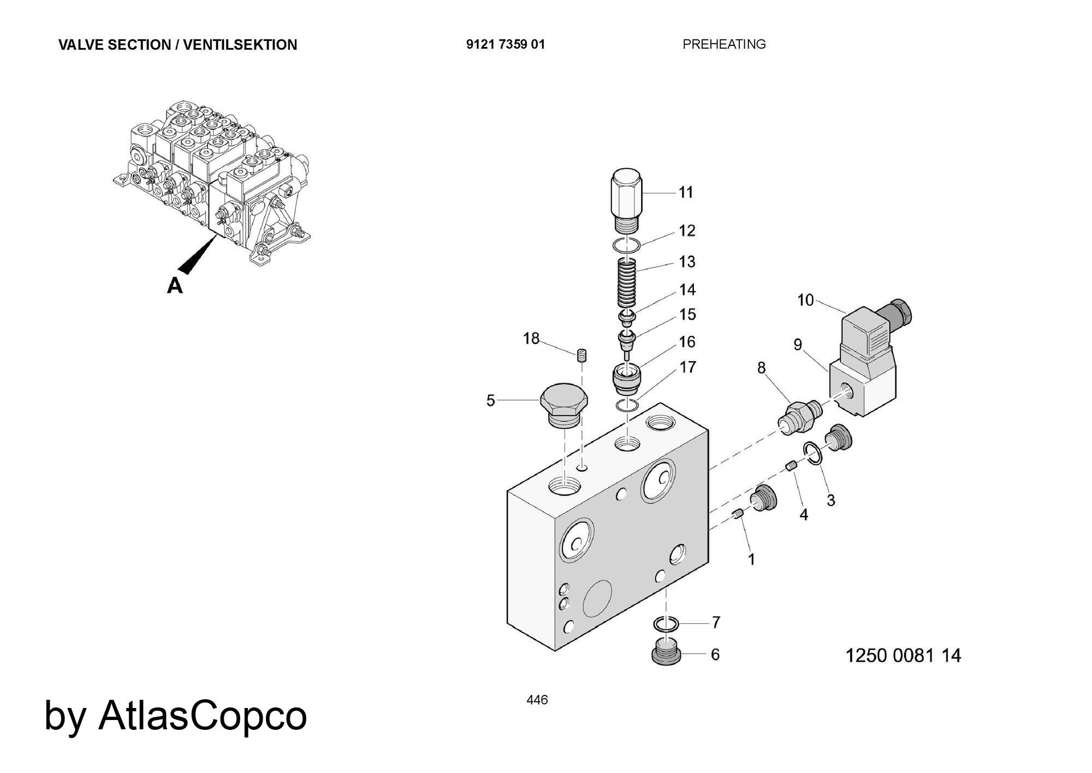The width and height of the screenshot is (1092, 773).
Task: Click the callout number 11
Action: pyautogui.click(x=686, y=192)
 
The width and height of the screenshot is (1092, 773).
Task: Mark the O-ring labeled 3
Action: pyautogui.click(x=812, y=453)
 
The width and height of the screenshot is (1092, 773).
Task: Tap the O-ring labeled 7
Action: pyautogui.click(x=666, y=623)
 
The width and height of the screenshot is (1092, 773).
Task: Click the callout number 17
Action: pyautogui.click(x=687, y=367)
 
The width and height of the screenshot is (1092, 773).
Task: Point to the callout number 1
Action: pyautogui.click(x=751, y=559)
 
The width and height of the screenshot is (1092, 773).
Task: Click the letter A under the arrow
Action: pyautogui.click(x=175, y=285)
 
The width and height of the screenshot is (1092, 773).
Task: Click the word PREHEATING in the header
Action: pyautogui.click(x=724, y=44)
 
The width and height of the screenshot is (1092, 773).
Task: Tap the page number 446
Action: pyautogui.click(x=537, y=700)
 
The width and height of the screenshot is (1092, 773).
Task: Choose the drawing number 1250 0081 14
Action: pyautogui.click(x=903, y=655)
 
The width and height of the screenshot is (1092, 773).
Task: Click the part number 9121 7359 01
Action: pyautogui.click(x=505, y=44)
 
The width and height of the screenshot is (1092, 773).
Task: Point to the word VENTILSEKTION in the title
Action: pyautogui.click(x=240, y=45)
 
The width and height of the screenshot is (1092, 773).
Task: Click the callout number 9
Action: pyautogui.click(x=798, y=345)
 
